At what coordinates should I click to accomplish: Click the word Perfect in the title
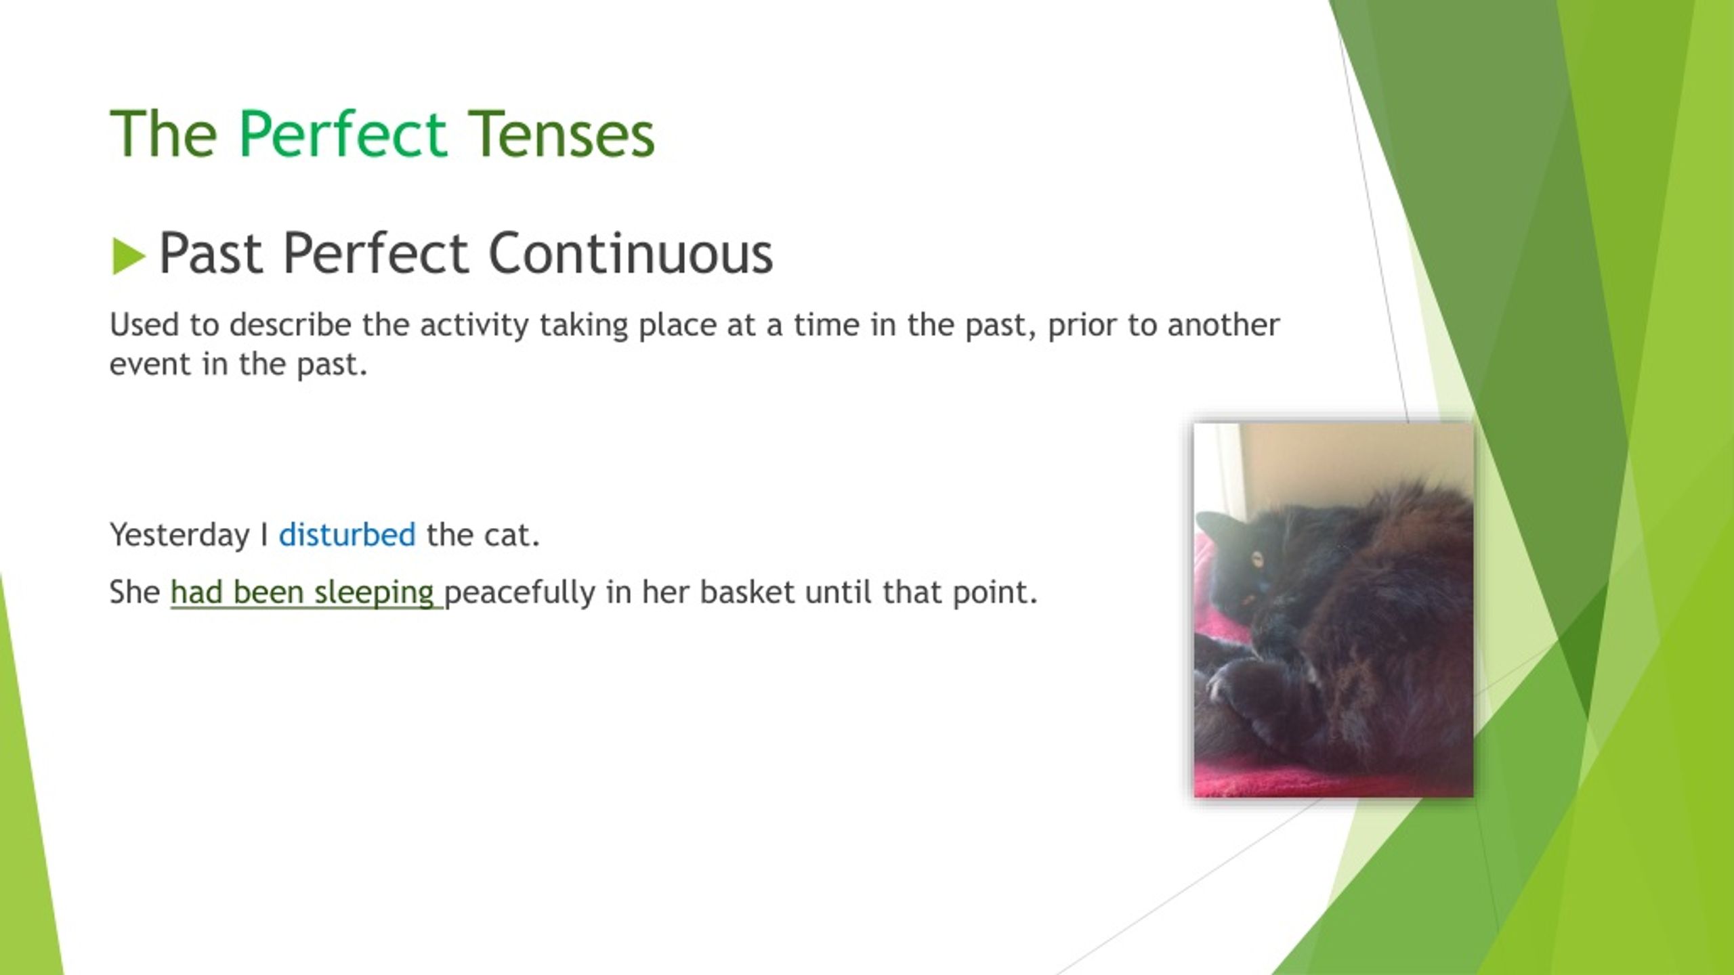coord(342,134)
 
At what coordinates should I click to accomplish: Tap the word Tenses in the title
coord(562,134)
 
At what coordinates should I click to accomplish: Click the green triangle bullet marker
coord(129,257)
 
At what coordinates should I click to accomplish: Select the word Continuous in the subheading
coord(631,253)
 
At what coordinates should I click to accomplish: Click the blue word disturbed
coord(347,534)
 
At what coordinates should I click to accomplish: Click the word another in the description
coord(1223,324)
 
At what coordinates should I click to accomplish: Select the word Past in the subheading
coord(211,253)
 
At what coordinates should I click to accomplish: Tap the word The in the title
coord(163,134)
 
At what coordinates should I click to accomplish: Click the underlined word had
coord(196,592)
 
